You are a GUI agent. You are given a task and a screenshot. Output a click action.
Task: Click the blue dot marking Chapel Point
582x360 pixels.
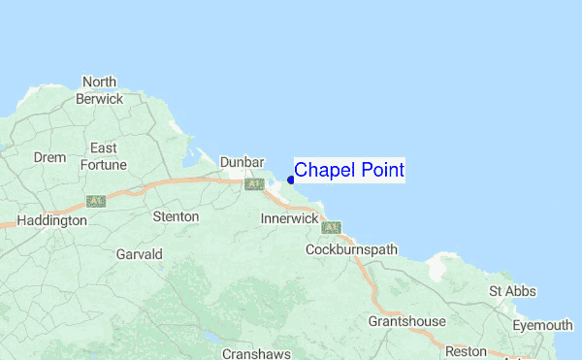pos(291,180)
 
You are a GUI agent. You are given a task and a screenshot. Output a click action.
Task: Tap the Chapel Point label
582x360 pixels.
pos(349,171)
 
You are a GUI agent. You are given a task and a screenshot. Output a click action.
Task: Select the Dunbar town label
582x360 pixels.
pos(242,162)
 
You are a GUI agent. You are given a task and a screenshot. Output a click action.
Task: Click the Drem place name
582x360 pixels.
pos(49,157)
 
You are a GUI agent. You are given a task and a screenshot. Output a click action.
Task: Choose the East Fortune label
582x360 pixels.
pos(103,156)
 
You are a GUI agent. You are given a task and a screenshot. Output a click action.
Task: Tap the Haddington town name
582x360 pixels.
pos(52,220)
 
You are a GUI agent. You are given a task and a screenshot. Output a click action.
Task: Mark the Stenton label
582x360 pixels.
pos(176,216)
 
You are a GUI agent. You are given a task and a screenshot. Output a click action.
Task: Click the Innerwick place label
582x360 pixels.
pos(289,219)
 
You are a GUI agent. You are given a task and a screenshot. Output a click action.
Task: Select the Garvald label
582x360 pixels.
pos(139,254)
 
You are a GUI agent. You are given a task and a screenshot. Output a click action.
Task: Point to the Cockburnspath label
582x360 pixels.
pos(351,249)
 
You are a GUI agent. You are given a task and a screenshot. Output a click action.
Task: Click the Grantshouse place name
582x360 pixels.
pos(406,321)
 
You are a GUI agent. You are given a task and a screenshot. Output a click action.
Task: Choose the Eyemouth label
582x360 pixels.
pos(542,325)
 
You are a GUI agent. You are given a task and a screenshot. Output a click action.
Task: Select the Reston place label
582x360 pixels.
pos(465,350)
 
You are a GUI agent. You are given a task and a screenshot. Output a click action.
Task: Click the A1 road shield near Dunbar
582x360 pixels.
pos(255,183)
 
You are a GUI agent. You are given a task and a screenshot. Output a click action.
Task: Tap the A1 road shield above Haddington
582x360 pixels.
pos(95,201)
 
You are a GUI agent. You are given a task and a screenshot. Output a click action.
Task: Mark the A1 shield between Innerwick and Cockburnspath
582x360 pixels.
pos(333,228)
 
